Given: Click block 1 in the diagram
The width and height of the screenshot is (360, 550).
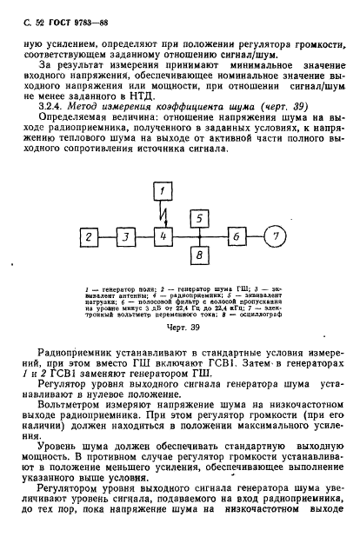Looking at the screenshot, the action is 162,191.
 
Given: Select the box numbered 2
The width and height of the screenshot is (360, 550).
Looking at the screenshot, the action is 87,235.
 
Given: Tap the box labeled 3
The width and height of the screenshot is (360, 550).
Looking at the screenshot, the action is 125,235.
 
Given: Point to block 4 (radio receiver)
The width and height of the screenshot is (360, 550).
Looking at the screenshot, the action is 162,235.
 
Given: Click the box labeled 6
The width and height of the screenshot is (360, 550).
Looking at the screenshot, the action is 235,235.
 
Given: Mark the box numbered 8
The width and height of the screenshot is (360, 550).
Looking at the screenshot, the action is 199,255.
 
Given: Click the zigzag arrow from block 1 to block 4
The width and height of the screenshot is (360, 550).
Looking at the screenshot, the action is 163,212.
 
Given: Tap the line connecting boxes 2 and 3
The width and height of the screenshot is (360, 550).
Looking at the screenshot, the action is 106,235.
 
